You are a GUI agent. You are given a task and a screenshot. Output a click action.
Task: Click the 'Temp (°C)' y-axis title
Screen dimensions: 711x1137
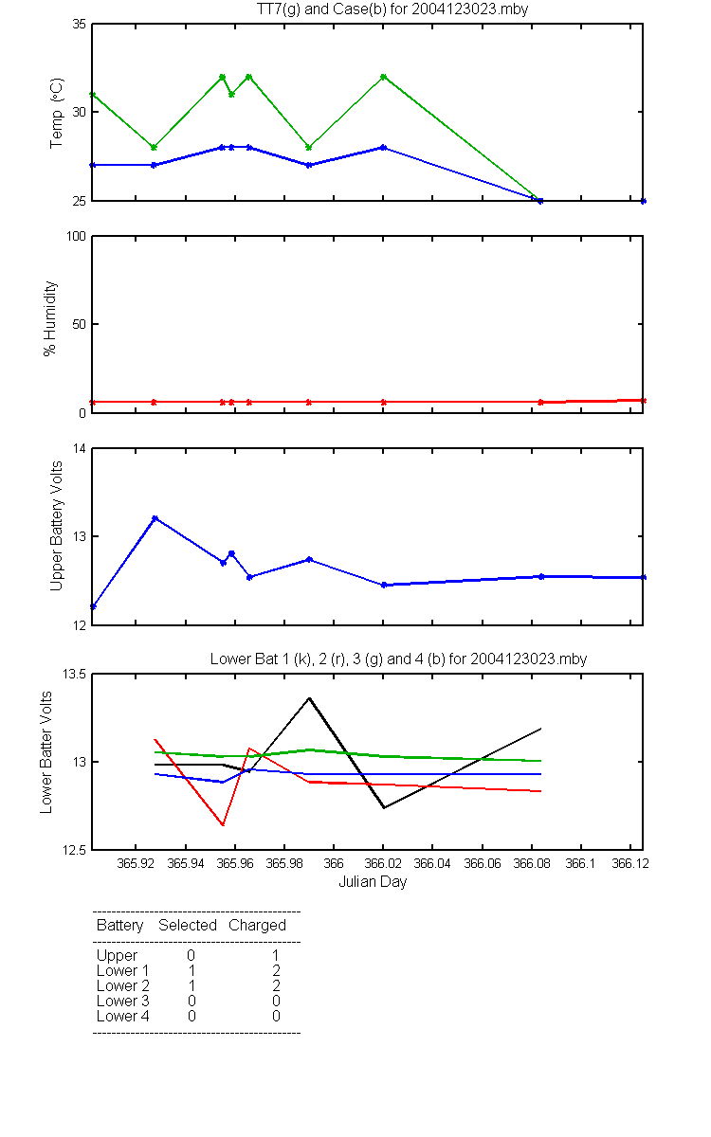(56, 113)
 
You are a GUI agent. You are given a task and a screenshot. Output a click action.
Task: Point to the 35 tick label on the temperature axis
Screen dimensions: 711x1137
(79, 25)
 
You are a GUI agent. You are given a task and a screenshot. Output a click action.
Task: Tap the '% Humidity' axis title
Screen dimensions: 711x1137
(49, 318)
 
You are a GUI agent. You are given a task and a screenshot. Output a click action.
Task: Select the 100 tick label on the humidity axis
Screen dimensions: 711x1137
(76, 236)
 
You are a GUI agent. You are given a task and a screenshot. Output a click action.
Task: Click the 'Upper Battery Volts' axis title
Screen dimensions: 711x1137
(56, 526)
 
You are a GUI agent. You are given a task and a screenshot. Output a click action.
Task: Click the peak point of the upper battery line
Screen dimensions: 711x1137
(155, 518)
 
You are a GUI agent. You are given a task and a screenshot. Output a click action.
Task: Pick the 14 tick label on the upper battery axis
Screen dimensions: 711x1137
(80, 449)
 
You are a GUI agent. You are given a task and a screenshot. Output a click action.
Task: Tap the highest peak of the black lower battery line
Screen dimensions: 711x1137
(309, 698)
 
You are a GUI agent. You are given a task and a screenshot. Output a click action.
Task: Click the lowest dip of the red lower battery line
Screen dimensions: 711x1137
(223, 825)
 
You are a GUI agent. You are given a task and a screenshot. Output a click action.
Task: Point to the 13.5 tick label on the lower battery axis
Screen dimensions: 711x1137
(74, 674)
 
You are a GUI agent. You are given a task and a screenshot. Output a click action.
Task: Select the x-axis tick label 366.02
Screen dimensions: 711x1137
(383, 863)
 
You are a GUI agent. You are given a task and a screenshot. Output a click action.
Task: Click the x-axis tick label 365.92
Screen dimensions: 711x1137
(136, 863)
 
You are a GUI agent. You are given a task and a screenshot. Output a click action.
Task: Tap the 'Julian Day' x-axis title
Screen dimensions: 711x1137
(373, 882)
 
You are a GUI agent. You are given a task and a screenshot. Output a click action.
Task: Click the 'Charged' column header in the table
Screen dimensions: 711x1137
(257, 925)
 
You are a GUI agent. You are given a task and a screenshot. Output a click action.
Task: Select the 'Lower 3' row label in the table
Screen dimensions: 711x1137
(123, 1001)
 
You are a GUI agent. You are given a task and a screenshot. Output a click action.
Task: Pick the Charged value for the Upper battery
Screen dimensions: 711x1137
(276, 955)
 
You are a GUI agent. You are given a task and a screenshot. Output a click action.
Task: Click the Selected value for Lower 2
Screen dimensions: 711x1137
(191, 985)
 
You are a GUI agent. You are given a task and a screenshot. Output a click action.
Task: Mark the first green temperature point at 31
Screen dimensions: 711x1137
(93, 95)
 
